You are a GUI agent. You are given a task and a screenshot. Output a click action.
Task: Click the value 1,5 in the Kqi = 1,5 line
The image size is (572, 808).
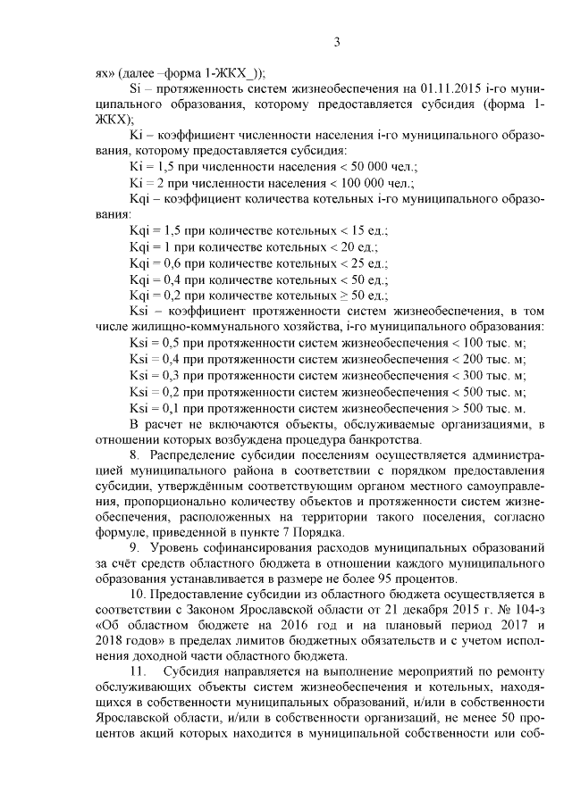coord(171,229)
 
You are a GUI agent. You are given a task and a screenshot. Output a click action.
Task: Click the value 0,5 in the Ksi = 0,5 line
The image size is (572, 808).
coord(169,342)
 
